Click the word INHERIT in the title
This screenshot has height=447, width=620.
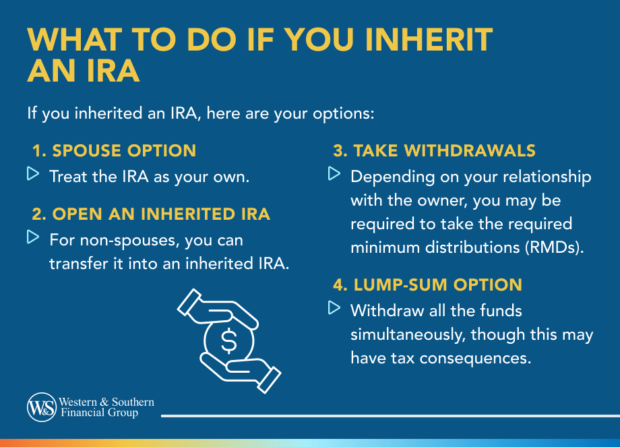tap(429, 40)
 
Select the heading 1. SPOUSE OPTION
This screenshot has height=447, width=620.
tap(115, 151)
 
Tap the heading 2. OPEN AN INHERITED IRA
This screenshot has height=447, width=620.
tap(151, 214)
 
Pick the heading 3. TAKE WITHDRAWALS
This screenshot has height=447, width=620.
tap(434, 151)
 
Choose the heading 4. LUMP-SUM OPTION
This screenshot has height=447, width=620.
tap(427, 285)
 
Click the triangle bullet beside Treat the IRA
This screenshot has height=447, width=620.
tap(33, 173)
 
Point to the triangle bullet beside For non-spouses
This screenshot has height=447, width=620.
tap(33, 237)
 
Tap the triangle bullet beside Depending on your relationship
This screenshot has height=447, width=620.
tap(334, 173)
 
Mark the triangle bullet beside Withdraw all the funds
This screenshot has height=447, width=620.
tap(334, 307)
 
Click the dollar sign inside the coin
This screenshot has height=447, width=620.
tap(229, 340)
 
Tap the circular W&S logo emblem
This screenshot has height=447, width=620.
tap(42, 407)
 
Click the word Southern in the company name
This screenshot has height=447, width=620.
tap(133, 402)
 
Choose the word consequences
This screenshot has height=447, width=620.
tap(475, 359)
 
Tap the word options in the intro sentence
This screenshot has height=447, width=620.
tap(343, 114)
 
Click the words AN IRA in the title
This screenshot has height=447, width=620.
tap(84, 71)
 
